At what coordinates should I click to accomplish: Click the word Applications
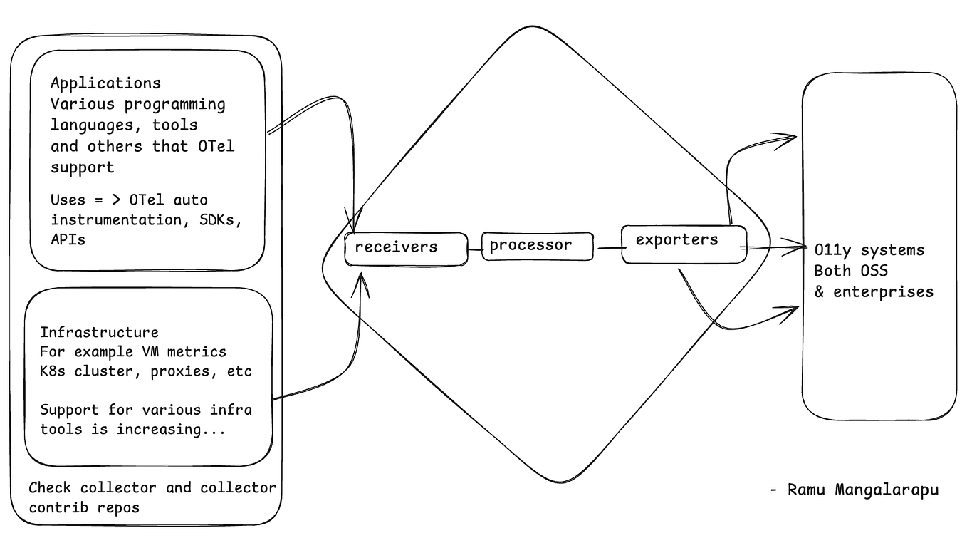pyautogui.click(x=105, y=83)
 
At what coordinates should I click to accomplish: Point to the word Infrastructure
pyautogui.click(x=99, y=332)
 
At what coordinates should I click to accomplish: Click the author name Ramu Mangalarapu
pyautogui.click(x=863, y=490)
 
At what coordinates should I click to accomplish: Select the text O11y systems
pyautogui.click(x=869, y=250)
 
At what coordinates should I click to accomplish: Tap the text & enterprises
pyautogui.click(x=874, y=291)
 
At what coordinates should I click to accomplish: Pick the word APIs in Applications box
pyautogui.click(x=68, y=239)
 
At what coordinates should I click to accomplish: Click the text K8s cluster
pyautogui.click(x=85, y=371)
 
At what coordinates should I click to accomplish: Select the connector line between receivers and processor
pyautogui.click(x=475, y=249)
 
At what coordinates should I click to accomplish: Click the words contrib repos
pyautogui.click(x=84, y=507)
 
